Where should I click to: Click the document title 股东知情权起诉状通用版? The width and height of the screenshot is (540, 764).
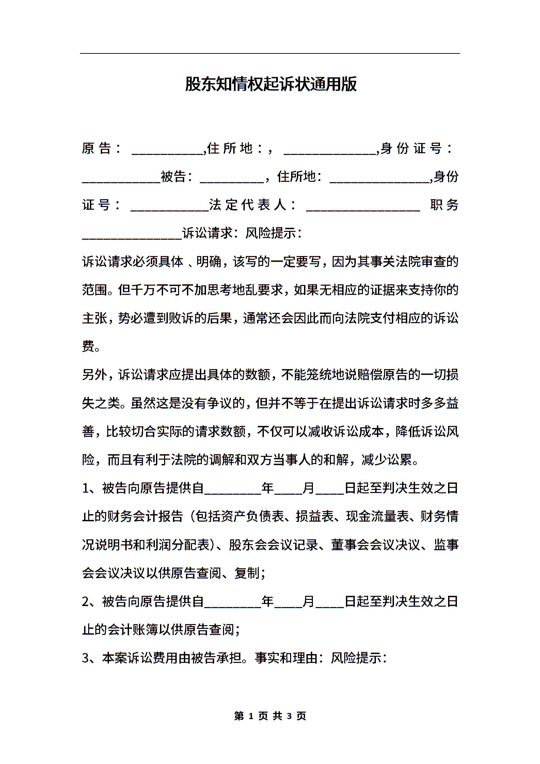click(270, 84)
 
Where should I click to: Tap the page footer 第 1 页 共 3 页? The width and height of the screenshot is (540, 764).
click(270, 716)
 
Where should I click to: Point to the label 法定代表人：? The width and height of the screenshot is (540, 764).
click(252, 205)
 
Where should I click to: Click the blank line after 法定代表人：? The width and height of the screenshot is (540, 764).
click(363, 207)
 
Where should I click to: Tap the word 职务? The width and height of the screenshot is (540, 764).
click(444, 205)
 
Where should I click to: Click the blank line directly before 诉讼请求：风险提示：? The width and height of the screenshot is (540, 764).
click(132, 235)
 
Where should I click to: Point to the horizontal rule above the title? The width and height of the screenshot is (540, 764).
click(270, 53)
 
